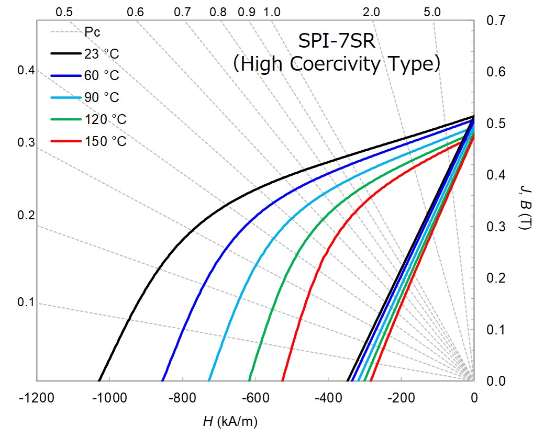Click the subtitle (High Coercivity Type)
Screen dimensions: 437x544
(336, 64)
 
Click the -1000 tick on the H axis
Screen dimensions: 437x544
(109, 398)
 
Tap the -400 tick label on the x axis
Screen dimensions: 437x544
(328, 398)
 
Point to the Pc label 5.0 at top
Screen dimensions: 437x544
(432, 12)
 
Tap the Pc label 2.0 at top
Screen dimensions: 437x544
(371, 12)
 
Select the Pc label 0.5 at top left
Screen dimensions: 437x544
(63, 12)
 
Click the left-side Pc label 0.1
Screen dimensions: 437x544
(25, 302)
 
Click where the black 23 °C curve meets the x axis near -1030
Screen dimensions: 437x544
(99, 380)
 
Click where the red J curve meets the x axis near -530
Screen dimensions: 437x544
(282, 380)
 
